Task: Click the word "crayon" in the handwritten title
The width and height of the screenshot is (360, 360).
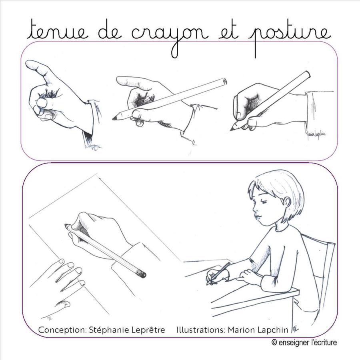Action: (170, 37)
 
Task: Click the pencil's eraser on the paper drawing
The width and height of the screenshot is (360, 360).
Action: (141, 274)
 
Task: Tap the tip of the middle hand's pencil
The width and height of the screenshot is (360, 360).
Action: (114, 118)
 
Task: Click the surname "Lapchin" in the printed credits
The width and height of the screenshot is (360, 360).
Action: (273, 330)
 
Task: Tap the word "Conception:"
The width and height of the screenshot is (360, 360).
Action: (62, 330)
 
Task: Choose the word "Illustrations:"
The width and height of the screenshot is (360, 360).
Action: (201, 330)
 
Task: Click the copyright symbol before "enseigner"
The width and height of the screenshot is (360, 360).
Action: (274, 342)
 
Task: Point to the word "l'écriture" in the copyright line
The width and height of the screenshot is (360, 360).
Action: (324, 342)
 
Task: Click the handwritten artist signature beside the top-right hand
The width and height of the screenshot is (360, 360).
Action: (316, 134)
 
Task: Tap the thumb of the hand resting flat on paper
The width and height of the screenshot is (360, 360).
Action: (62, 304)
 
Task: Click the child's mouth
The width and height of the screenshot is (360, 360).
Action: (257, 217)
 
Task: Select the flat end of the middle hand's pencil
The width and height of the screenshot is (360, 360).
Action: (224, 81)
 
